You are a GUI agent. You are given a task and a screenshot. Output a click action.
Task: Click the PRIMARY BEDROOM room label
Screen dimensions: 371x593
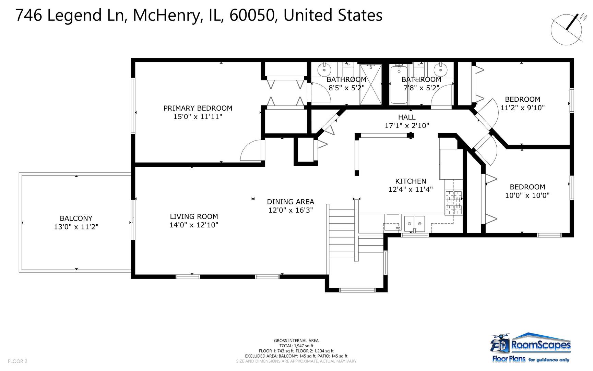(x=198, y=108)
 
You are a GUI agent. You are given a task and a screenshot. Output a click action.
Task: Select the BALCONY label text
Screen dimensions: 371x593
(x=76, y=218)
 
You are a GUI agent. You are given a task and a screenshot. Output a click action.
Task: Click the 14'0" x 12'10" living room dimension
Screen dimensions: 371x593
(x=194, y=225)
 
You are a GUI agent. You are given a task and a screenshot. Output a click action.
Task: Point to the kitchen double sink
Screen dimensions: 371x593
(x=414, y=223)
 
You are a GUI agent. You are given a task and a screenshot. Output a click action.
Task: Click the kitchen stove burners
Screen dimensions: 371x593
(x=453, y=202)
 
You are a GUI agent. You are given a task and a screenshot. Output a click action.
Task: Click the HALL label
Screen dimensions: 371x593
(x=407, y=117)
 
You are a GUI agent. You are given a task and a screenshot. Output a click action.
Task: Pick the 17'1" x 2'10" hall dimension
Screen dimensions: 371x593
(x=407, y=126)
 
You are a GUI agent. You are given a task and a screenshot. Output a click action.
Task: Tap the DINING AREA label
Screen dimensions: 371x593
(x=290, y=202)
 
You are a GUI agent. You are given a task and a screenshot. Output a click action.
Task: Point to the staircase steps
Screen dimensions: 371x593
(x=341, y=234)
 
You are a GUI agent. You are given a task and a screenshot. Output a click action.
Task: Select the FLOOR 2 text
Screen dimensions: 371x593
(x=17, y=361)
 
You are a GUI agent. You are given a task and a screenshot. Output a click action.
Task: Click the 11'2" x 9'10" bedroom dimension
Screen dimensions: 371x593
(x=522, y=108)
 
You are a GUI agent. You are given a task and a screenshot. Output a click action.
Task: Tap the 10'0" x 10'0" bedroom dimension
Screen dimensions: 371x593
(x=527, y=195)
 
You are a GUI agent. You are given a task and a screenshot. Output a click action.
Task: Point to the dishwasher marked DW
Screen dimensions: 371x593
(x=392, y=226)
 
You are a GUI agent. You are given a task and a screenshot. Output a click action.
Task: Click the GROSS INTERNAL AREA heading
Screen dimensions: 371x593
(x=296, y=341)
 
